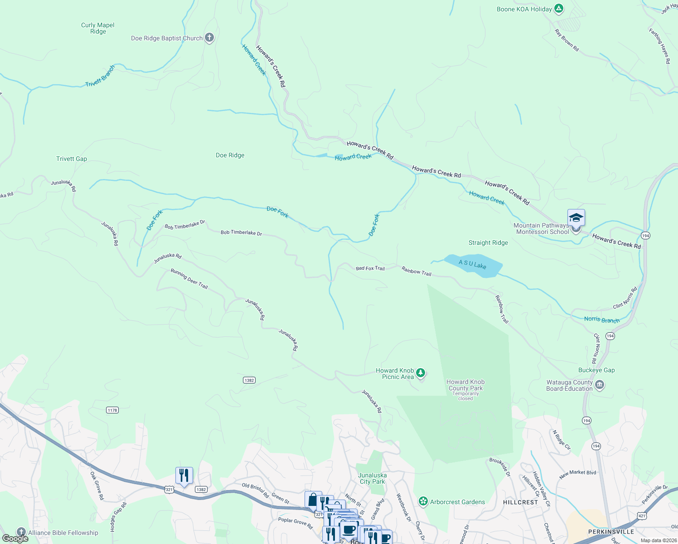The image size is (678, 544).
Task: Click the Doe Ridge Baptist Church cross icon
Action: click(209, 38)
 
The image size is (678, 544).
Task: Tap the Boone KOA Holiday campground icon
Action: click(559, 9)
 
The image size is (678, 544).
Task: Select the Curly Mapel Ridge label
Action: click(98, 28)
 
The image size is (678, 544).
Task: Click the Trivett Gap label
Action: click(72, 159)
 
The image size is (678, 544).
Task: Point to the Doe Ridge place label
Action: click(230, 155)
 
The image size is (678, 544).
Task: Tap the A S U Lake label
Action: click(472, 264)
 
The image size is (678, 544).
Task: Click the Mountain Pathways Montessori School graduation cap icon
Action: click(576, 218)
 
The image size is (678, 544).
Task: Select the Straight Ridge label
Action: click(488, 243)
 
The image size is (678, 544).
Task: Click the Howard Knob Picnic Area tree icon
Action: click(421, 373)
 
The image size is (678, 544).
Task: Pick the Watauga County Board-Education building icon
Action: click(600, 385)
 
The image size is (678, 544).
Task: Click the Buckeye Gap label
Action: click(596, 370)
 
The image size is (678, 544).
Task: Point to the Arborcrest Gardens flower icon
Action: click(423, 501)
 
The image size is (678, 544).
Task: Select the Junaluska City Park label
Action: click(372, 478)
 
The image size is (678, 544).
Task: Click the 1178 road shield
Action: click(112, 410)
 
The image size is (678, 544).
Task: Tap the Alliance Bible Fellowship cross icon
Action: click(21, 532)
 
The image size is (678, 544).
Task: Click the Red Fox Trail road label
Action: click(370, 268)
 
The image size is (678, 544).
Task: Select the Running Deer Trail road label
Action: click(189, 279)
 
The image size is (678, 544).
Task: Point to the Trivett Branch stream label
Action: click(100, 76)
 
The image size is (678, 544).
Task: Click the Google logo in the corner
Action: click(15, 538)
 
